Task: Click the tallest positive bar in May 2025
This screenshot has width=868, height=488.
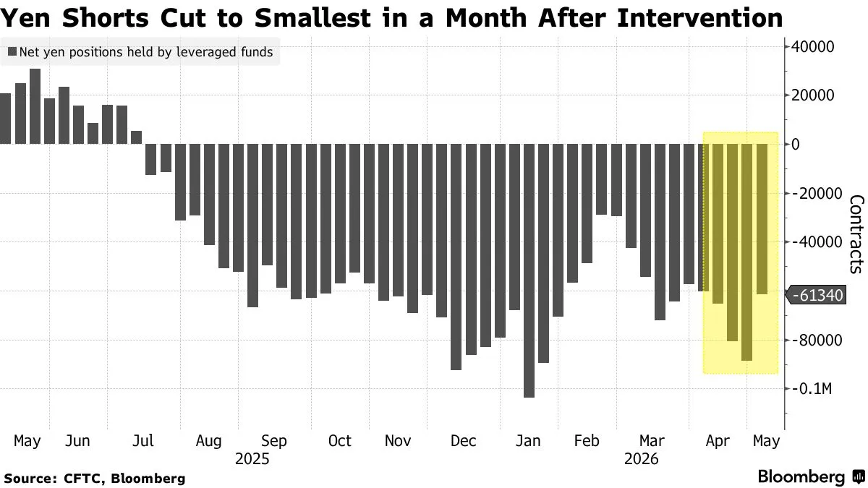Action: [x=35, y=106]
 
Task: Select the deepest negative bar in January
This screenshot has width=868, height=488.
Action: [x=529, y=270]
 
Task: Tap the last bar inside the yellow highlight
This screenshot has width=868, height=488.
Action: [x=762, y=219]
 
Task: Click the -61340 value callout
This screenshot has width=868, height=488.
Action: [x=816, y=296]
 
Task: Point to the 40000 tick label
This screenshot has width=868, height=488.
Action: [x=812, y=47]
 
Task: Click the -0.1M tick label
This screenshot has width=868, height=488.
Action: [x=811, y=388]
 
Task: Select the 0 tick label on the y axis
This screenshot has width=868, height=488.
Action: [x=795, y=145]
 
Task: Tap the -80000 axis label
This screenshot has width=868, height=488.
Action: [x=817, y=341]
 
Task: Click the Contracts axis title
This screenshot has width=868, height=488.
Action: [x=856, y=234]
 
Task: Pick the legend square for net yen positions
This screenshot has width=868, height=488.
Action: [x=12, y=52]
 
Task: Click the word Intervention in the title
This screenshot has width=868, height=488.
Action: [x=700, y=18]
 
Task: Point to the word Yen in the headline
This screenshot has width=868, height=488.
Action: [x=25, y=18]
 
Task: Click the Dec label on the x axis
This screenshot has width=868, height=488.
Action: [x=463, y=441]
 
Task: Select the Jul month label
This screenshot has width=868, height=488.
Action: [x=143, y=441]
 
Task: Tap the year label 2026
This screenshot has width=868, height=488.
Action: [x=642, y=459]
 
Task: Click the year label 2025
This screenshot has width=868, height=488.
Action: [x=252, y=459]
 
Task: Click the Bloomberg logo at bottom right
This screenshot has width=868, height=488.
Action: [x=811, y=476]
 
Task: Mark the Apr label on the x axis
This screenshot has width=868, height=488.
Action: [x=718, y=442]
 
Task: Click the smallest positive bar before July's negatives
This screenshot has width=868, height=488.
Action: [x=137, y=137]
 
